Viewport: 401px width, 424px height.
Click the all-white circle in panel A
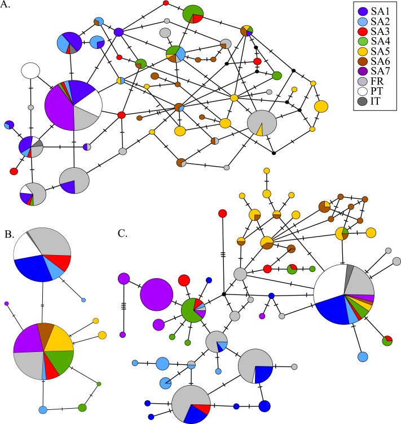click(30, 71)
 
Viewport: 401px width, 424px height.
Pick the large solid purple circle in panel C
click(156, 294)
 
